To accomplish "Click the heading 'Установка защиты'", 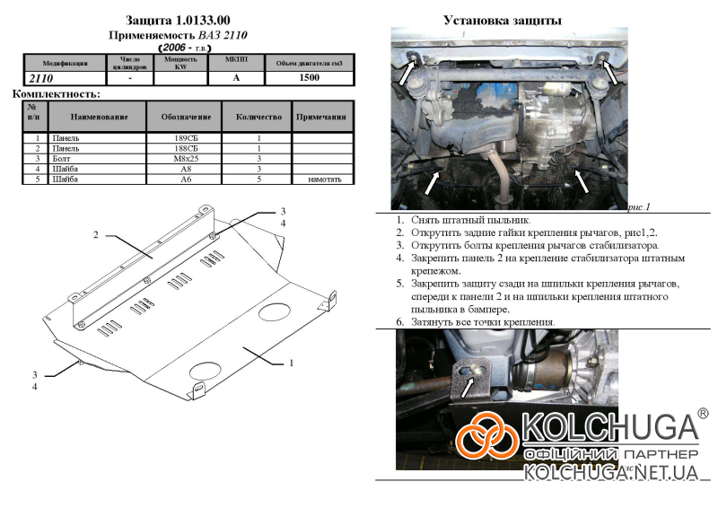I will coord(503,20).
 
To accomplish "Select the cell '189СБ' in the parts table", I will coord(186,138).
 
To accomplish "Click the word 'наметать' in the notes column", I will coord(324,180).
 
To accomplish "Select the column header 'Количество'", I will coord(258,117).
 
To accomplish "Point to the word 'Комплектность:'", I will coord(56,93).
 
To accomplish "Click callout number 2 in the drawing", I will coord(94,235).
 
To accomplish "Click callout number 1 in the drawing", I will coord(292,363).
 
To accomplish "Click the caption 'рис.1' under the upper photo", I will coord(638,206).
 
